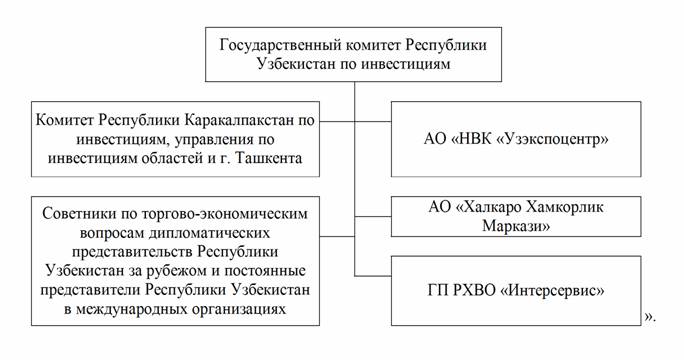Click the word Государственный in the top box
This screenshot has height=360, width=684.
280,45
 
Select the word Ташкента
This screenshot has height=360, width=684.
268,158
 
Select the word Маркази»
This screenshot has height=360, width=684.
516,226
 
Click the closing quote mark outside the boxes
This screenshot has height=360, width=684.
649,318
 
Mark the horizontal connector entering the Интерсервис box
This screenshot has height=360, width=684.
373,276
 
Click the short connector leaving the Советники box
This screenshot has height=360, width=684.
337,237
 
